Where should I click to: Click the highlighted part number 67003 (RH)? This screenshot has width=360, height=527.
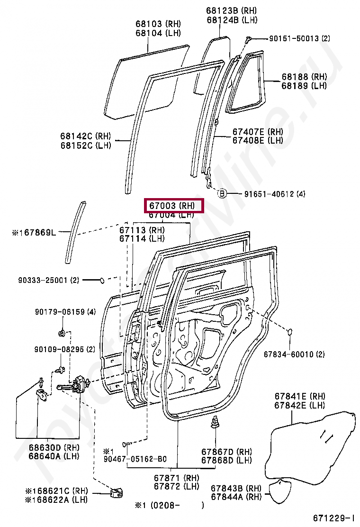174,206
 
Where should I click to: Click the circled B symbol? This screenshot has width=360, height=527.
221,193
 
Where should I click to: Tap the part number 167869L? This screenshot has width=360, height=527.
37,232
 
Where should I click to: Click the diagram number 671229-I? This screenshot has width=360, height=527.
333,518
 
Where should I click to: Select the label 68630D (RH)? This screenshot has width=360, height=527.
54,447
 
